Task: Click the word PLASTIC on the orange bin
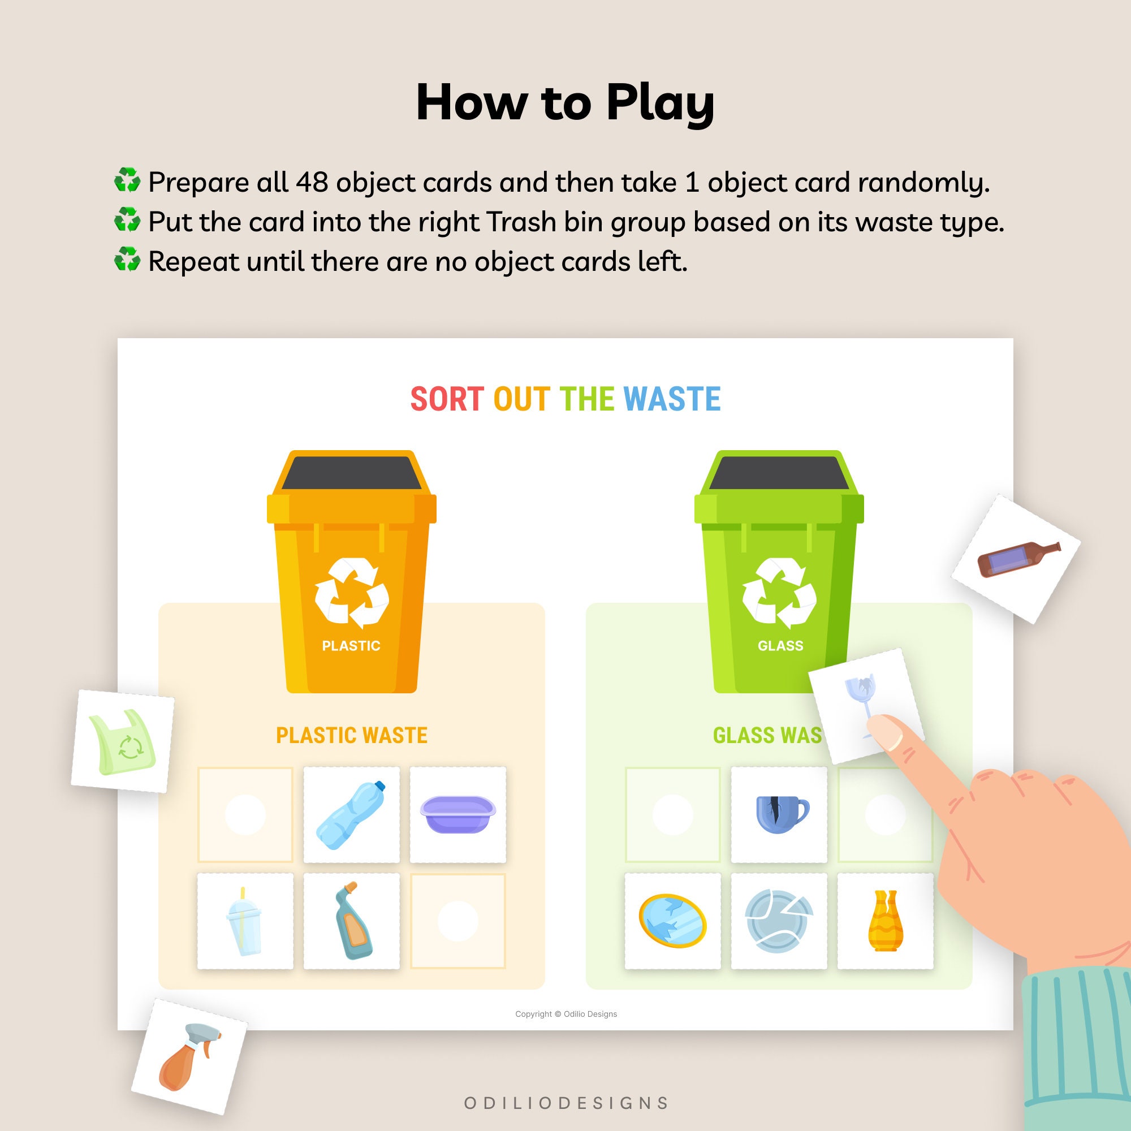click(351, 646)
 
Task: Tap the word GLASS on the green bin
click(780, 646)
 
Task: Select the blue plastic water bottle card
click(351, 814)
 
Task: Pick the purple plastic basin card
click(458, 814)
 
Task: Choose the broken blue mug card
click(779, 814)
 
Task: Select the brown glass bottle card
click(1016, 559)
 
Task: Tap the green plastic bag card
click(122, 742)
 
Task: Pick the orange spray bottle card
click(188, 1057)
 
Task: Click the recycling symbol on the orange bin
click(351, 592)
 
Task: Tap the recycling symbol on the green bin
click(779, 592)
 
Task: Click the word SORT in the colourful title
click(447, 399)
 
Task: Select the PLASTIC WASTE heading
click(351, 735)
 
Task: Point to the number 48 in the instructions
click(312, 182)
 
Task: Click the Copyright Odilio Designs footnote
click(565, 1014)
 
